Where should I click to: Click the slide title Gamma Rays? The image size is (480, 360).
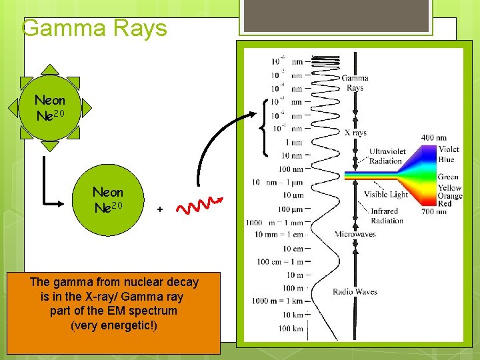(94, 28)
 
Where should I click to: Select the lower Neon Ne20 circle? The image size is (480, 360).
(107, 200)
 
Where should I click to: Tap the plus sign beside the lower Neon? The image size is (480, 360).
(159, 209)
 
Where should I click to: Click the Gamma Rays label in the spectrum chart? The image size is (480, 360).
(355, 83)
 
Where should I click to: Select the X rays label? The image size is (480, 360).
(355, 133)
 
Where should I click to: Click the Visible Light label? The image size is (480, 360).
(385, 195)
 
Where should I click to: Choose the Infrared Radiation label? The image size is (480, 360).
(387, 216)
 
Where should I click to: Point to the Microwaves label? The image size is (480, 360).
(355, 234)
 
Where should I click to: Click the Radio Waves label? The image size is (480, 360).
(355, 291)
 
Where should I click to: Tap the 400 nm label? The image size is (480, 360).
(434, 138)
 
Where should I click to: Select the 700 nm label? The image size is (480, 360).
(434, 211)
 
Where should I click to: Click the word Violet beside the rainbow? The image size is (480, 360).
(448, 150)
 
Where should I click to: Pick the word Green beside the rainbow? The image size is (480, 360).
(448, 177)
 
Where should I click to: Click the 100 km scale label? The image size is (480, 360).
(290, 329)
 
